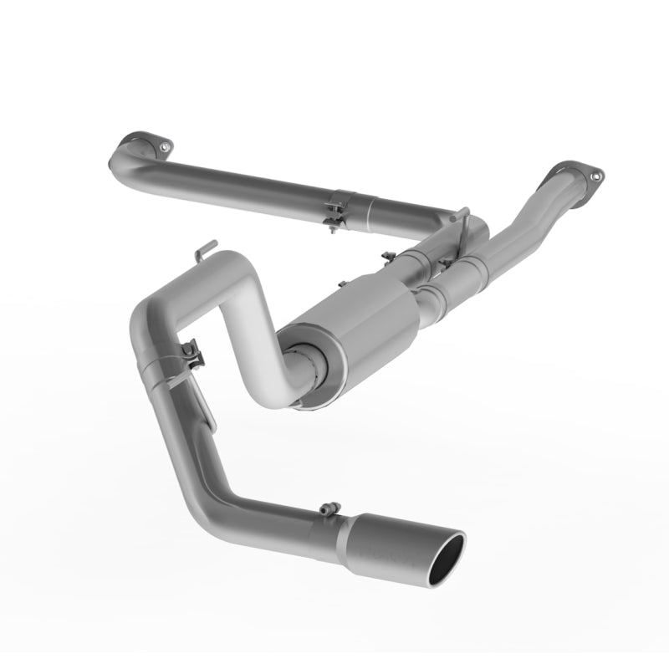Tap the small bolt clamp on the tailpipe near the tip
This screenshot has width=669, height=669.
pyautogui.click(x=329, y=508)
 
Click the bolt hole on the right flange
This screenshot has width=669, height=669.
pyautogui.click(x=595, y=176)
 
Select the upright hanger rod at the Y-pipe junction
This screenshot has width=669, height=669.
pyautogui.click(x=459, y=219)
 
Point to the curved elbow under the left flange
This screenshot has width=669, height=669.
pyautogui.click(x=124, y=155)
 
